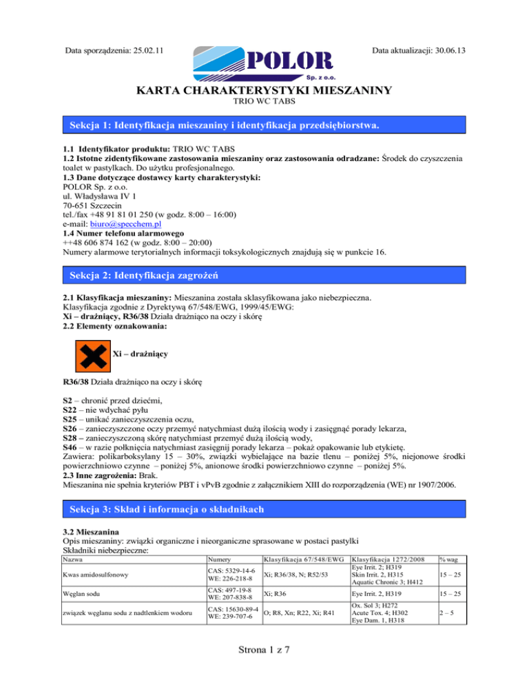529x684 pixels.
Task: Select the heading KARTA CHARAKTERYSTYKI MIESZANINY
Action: (x=264, y=91)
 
